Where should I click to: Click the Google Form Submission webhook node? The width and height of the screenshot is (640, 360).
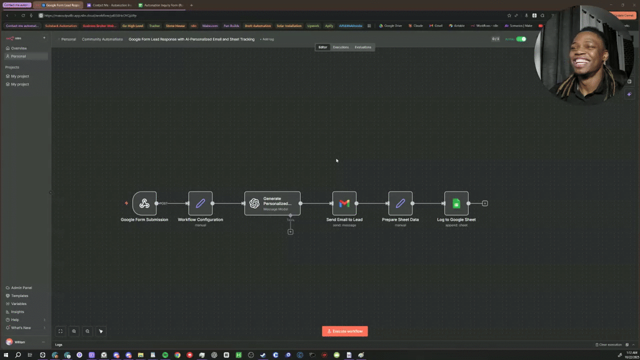pos(144,203)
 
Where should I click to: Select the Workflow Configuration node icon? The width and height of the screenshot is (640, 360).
pos(200,203)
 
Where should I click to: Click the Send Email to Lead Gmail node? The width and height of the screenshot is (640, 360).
pos(344,203)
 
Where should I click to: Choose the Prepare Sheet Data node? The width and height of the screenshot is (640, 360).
pos(400,203)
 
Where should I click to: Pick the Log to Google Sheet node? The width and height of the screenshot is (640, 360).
pos(456,203)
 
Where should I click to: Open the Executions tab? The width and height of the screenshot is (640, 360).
pos(341,47)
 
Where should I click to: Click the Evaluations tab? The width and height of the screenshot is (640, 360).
pos(362,47)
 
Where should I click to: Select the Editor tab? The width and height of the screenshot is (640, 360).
pos(322,47)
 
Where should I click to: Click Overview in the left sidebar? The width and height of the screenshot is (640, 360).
pos(19,48)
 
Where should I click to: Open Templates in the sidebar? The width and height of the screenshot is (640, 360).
pos(19,296)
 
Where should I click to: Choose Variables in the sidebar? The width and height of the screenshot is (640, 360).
pos(19,304)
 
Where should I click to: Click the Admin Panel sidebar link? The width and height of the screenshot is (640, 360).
pos(21,287)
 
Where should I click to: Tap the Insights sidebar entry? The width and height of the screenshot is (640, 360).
pos(17,312)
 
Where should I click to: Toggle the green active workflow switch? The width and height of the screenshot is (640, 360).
pos(521,39)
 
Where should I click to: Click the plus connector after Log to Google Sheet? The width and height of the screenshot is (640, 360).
pos(484,203)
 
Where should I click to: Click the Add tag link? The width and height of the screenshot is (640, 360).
pos(267,39)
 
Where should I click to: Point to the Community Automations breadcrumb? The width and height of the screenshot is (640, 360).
pos(102,39)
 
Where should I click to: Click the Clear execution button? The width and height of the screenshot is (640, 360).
pos(609,344)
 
